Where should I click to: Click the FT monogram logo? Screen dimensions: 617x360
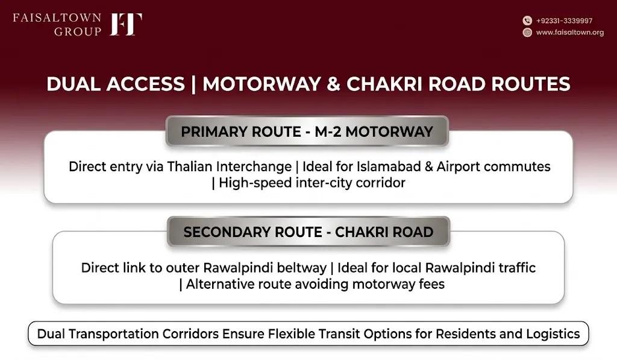126,24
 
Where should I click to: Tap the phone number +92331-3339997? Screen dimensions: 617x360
564,21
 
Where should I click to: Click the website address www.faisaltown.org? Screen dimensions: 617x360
570,33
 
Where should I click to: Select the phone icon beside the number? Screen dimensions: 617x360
527,21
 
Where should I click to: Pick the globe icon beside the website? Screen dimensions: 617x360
527,33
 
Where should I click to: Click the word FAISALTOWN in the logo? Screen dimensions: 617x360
57,17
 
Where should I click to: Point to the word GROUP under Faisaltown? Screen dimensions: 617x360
78,31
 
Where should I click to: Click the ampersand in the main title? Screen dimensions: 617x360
333,84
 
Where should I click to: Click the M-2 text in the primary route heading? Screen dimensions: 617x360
328,131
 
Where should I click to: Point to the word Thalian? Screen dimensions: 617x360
190,166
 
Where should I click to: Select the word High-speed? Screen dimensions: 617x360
255,183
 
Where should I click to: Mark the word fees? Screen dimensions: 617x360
431,284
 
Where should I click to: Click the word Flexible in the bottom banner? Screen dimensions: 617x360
291,334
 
